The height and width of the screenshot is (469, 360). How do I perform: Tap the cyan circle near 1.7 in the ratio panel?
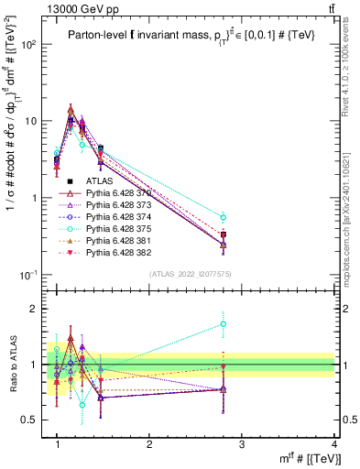coord(249,323)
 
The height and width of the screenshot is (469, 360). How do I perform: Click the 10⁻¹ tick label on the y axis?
coord(29,275)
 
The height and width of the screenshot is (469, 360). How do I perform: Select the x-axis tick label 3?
coord(242,444)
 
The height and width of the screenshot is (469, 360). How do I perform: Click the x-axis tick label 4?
coord(334,444)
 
